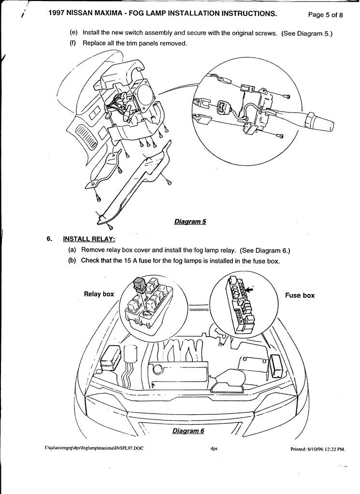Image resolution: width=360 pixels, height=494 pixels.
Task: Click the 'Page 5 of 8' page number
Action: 325,15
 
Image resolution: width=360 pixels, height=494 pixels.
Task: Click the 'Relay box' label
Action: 99,294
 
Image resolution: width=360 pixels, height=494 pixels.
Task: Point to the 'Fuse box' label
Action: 300,296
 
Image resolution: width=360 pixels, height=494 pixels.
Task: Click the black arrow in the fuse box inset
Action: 250,289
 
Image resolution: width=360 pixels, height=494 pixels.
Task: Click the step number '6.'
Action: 49,239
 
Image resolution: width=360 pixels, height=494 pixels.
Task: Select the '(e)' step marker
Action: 74,33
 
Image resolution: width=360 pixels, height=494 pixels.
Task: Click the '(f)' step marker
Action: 73,43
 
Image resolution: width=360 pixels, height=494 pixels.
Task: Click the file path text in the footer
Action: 94,448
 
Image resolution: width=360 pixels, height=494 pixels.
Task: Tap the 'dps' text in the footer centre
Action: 214,448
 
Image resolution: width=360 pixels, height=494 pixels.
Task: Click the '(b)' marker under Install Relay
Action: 74,261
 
